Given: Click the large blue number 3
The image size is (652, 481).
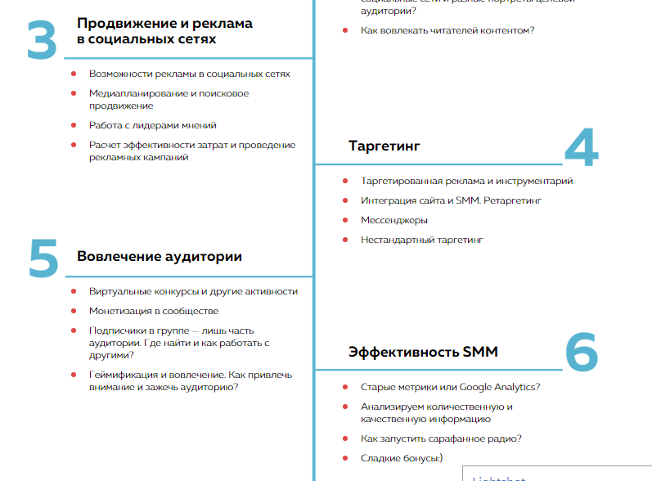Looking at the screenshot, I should click(42, 40).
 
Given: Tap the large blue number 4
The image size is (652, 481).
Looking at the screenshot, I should click(582, 148).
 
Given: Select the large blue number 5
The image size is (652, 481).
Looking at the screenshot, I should click(43, 258).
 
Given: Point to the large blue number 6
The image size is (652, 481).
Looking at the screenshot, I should click(582, 353).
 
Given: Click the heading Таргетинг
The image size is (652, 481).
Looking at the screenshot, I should click(384, 146).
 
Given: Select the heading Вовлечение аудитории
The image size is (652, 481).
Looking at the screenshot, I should click(160, 257).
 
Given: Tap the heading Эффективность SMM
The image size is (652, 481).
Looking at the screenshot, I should click(423, 352).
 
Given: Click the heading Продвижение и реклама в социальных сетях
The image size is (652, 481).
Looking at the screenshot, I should click(164, 31).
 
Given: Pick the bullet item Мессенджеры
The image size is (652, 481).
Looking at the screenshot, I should click(394, 220).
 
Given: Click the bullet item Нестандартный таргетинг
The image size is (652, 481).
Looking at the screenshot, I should click(422, 240).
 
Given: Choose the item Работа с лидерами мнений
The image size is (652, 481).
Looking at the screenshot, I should click(153, 125).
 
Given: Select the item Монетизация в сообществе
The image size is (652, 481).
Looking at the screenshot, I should click(154, 311).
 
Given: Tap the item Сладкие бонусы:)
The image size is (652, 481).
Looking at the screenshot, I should click(402, 458).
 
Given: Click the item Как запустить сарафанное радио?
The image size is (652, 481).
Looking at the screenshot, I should click(441, 438).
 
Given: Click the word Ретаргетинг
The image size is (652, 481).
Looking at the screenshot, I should click(511, 200).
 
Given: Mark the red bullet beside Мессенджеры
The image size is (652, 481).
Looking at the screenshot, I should click(344, 220).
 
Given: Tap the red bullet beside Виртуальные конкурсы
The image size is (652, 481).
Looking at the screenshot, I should click(74, 291).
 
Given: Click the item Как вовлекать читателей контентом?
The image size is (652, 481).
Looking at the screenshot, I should click(447, 30).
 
